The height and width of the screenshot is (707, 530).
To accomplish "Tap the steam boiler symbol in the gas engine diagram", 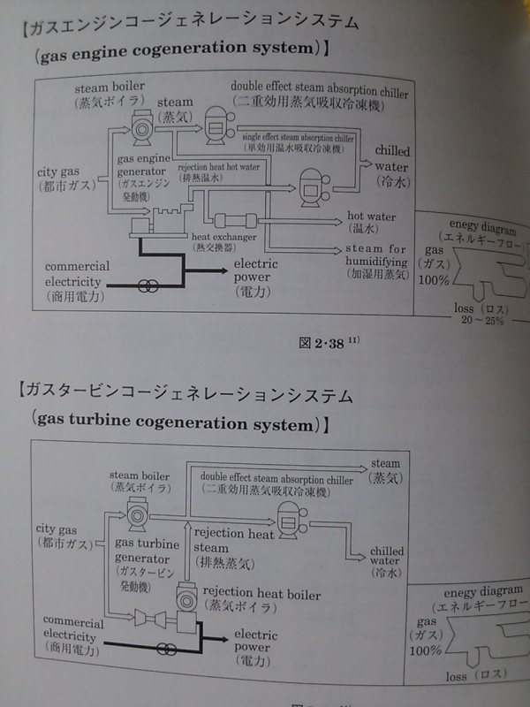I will click(142, 130).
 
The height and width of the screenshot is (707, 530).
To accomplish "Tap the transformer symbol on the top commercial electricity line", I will click(149, 285).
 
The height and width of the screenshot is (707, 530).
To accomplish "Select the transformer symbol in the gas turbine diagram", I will click(164, 648).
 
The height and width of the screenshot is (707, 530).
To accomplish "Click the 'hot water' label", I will click(371, 217).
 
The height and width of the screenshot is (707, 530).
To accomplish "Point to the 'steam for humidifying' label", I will click(376, 255).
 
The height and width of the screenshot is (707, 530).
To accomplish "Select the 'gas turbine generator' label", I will click(141, 552).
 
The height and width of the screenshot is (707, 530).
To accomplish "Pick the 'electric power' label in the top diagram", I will click(256, 270).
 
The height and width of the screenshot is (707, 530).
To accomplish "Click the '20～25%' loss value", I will click(481, 320).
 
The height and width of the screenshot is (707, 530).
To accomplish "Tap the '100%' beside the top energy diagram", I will click(434, 280).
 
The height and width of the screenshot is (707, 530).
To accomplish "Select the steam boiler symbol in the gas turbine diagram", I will click(137, 513).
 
